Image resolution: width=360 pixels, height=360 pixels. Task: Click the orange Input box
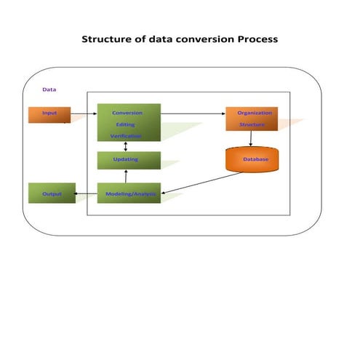49,115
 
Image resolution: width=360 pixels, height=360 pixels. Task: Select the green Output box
51,194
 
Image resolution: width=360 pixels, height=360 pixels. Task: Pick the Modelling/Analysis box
129,194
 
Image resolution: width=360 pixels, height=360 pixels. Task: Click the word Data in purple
49,89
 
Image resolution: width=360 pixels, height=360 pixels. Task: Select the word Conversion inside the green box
127,113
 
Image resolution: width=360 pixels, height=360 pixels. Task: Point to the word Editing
125,124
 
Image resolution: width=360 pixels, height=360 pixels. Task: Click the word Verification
126,136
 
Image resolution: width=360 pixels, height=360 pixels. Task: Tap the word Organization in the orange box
255,113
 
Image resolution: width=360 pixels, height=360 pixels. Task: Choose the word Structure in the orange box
252,124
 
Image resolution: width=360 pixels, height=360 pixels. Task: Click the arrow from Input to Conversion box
84,115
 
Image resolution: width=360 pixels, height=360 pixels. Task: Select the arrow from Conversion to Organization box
193,113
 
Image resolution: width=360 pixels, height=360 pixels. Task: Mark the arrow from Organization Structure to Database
251,140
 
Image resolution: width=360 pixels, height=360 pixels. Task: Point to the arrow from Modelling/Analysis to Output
86,194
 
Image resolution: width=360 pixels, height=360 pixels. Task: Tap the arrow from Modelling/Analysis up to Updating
127,177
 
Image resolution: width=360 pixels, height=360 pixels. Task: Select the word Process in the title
257,39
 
